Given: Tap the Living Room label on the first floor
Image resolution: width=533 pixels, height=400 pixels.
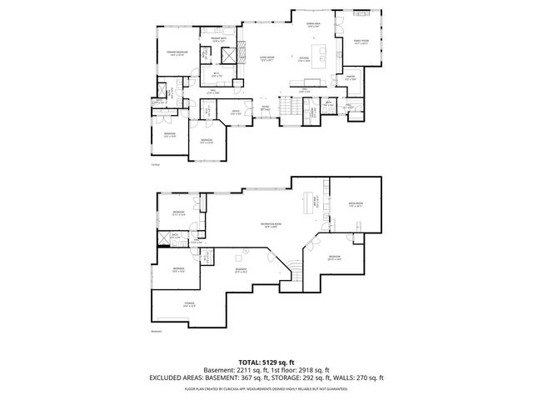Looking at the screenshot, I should [x=267, y=58].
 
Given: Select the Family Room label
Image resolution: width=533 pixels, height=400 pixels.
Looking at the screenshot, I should [x=361, y=41].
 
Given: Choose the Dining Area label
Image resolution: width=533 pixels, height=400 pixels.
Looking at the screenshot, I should [x=313, y=24].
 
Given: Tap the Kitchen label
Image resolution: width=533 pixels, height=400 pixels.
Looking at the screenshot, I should [x=305, y=58].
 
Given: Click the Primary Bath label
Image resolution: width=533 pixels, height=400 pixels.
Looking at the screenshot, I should [x=219, y=39].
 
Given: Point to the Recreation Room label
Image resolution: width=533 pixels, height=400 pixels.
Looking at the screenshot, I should [x=269, y=226].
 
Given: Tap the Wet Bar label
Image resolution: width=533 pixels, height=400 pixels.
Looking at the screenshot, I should [x=316, y=200].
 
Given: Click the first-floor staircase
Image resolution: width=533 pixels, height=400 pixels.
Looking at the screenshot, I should [x=291, y=109].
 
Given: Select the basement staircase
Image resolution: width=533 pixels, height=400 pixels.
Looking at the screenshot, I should [x=294, y=269].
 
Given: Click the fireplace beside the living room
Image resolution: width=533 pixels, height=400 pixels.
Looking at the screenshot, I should [x=240, y=58].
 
